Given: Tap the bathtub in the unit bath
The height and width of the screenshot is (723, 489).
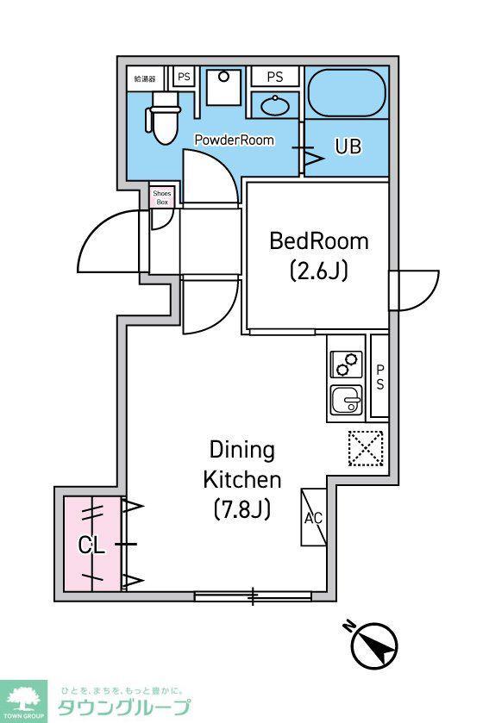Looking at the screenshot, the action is [x=347, y=94].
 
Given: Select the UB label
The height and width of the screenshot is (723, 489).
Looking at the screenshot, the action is [x=348, y=146].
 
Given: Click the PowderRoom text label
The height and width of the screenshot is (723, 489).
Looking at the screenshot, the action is [x=235, y=140].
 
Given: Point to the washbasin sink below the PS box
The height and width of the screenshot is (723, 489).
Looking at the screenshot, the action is [x=275, y=106].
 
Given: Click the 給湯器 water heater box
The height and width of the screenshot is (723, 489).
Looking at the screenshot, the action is [x=145, y=78].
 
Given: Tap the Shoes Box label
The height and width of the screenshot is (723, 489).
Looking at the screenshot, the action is [x=162, y=198].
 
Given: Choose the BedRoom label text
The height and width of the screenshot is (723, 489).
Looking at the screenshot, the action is [x=319, y=241].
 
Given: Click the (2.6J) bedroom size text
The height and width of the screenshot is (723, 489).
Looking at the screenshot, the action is [x=319, y=271].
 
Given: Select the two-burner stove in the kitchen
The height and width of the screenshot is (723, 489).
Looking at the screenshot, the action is [x=347, y=364].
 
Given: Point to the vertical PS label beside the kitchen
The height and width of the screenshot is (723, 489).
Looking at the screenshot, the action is [x=379, y=377].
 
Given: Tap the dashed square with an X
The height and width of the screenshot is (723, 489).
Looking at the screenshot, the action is [x=366, y=448].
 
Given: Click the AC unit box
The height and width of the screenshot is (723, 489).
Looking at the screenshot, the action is [x=314, y=517].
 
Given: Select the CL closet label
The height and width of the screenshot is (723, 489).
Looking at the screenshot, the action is [x=91, y=545].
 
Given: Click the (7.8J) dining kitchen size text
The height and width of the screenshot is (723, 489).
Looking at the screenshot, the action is [x=242, y=509].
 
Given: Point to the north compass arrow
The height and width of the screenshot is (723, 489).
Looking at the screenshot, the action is [x=374, y=645].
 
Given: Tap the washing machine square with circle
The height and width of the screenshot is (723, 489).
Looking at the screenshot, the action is [x=223, y=87].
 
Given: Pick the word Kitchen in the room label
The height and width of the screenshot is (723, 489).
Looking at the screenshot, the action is [x=242, y=479].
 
